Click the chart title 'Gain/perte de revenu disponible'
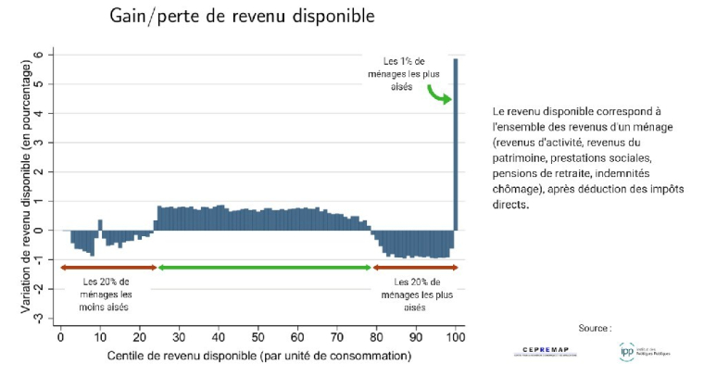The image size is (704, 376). tap(243, 17)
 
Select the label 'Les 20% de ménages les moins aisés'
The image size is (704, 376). tap(106, 294)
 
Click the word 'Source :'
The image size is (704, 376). tap(595, 328)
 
